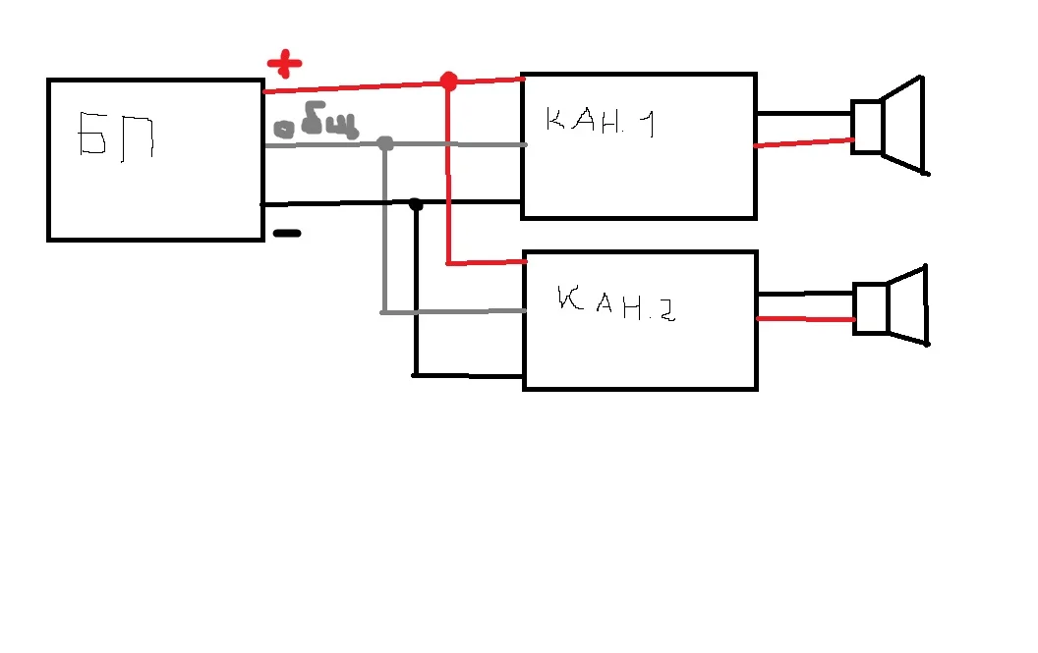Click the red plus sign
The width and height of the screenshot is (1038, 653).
(x=284, y=65)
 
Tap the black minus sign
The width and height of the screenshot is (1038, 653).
(x=286, y=234)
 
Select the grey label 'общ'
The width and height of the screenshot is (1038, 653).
(x=315, y=126)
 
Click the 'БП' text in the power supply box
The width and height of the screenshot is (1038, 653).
(x=117, y=136)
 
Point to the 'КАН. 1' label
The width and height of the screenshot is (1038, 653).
(x=603, y=123)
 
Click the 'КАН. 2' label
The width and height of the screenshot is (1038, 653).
(x=614, y=305)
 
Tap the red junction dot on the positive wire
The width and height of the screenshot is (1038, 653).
(x=448, y=82)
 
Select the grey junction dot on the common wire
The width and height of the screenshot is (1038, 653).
(x=385, y=144)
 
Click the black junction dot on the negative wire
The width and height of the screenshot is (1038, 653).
(x=416, y=204)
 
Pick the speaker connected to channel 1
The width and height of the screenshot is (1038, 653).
(x=890, y=127)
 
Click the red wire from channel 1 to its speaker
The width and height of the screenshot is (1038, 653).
(x=803, y=143)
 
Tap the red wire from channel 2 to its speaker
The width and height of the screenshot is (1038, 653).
(x=805, y=318)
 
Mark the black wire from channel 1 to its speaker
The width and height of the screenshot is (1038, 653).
(x=803, y=114)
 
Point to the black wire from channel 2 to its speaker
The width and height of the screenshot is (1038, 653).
(x=805, y=292)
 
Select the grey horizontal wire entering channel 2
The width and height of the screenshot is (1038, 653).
(x=453, y=312)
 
